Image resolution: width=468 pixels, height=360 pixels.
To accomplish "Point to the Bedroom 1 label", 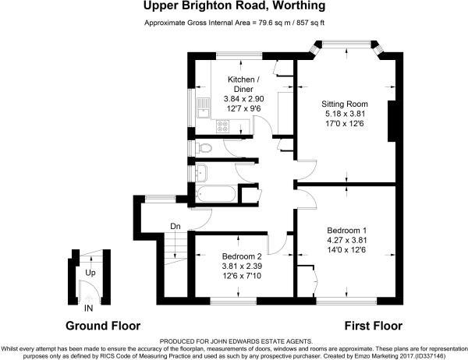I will coord(346,230).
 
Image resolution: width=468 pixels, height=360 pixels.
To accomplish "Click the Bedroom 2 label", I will coord(241,256).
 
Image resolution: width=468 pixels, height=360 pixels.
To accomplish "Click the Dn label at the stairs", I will coord(176,228).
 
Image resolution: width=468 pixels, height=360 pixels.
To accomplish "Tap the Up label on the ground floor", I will coord(90,274).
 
